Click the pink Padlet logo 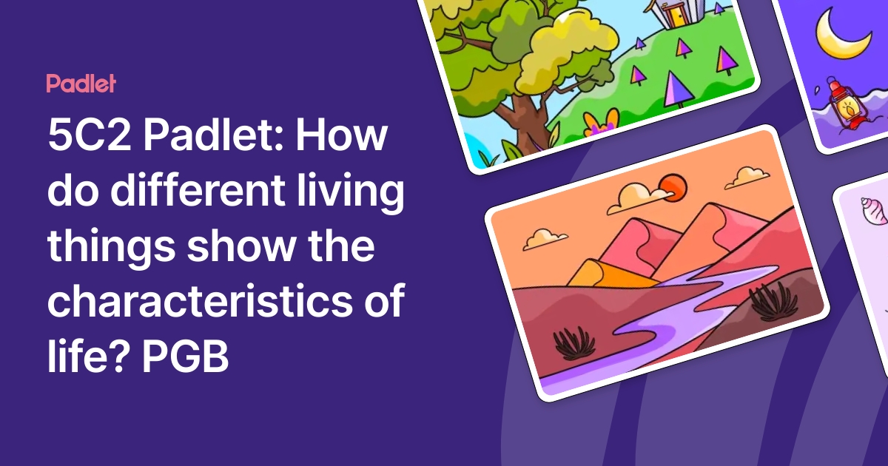pos(81,83)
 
